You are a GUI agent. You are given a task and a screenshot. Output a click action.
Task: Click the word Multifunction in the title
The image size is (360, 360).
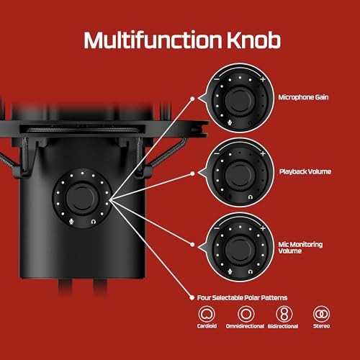[153, 40]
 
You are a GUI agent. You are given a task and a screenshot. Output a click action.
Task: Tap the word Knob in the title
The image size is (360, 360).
[253, 40]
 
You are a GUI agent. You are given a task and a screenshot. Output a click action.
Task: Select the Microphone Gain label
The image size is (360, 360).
[303, 97]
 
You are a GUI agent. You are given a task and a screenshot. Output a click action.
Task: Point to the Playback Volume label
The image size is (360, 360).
[305, 171]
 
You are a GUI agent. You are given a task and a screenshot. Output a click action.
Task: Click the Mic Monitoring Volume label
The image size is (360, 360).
[300, 248]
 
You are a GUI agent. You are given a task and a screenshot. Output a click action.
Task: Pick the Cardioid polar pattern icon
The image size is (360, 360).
[207, 314]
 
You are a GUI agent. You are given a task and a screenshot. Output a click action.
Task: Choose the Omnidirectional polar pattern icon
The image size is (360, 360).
[246, 314]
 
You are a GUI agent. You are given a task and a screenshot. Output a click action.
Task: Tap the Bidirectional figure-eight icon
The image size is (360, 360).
[284, 314]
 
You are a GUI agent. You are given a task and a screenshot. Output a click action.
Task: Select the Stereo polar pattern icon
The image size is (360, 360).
[321, 314]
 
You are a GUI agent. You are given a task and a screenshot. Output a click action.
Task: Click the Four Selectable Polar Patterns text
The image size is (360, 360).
[242, 298]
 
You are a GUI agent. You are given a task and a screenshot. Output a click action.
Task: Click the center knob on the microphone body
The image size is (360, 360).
[81, 198]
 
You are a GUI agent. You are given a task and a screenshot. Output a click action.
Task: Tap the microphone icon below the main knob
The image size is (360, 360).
[71, 222]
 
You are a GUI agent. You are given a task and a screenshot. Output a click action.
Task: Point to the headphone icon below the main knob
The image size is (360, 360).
[94, 222]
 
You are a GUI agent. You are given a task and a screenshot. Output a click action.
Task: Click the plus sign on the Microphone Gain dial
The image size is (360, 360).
[263, 79]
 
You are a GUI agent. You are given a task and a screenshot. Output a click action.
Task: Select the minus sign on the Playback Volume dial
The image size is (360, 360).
[217, 153]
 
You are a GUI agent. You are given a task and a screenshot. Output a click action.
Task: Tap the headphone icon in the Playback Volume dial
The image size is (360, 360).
[251, 197]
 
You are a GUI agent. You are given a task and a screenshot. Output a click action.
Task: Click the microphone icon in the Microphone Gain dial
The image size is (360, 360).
[230, 122]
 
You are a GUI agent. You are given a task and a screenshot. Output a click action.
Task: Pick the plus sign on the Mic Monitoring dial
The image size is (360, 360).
[263, 228]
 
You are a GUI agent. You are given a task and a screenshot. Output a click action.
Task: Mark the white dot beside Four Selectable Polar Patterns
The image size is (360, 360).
[192, 298]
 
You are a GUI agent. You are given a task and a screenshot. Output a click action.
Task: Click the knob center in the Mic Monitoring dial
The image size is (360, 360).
[240, 248]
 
